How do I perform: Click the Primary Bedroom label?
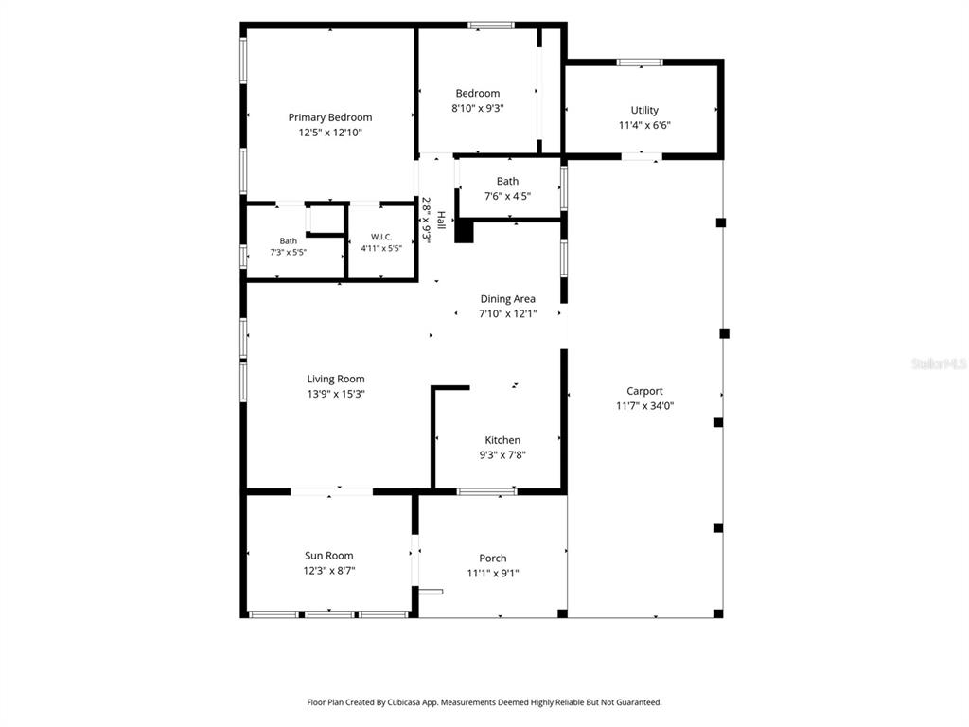[330, 117]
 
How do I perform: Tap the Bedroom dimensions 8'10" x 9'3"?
[478, 108]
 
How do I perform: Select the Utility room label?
[643, 110]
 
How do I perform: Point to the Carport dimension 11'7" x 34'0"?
[644, 405]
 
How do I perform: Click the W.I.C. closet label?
[381, 237]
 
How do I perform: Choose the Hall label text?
[441, 220]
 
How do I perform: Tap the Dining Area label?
[507, 299]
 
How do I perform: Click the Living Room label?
[336, 379]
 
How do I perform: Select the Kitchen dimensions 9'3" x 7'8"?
[502, 455]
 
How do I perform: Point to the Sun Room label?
[328, 556]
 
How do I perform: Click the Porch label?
[492, 559]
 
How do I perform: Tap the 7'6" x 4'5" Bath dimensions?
[507, 197]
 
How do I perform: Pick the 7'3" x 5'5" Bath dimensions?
[288, 252]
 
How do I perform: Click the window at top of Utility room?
[640, 62]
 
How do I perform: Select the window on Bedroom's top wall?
[491, 26]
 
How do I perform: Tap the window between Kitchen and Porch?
[487, 491]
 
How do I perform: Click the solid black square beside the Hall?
[464, 232]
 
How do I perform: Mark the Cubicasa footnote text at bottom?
[484, 702]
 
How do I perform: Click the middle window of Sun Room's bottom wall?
[330, 614]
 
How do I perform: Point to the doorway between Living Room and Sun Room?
[331, 491]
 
